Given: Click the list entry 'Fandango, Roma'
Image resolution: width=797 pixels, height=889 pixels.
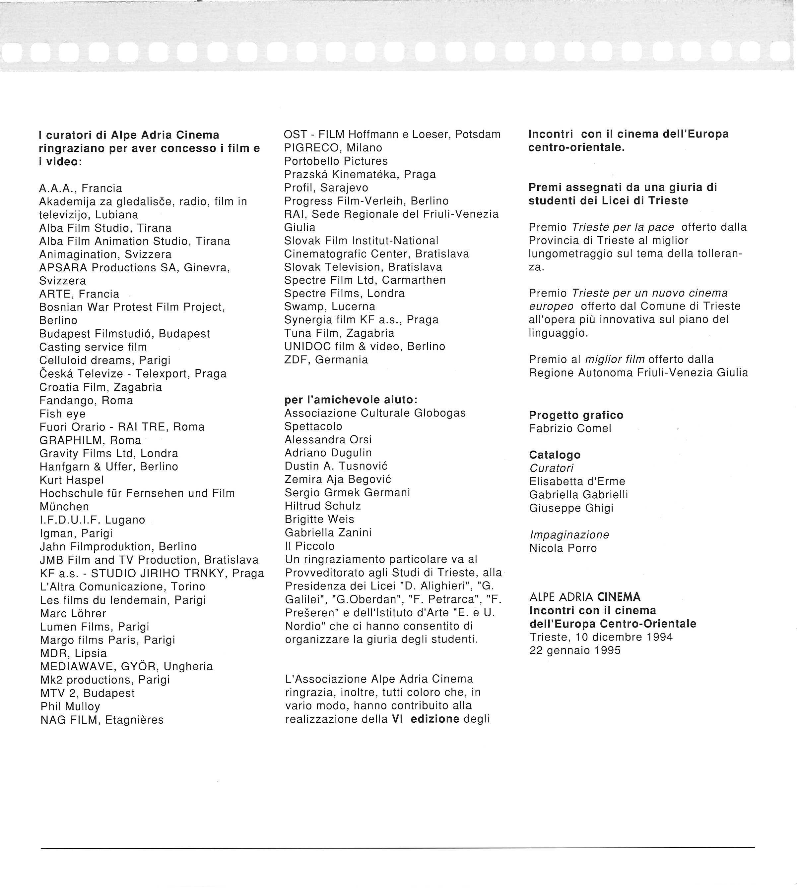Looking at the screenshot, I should pyautogui.click(x=86, y=400).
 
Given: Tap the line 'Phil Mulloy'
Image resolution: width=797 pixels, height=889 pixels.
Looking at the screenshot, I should pyautogui.click(x=70, y=706).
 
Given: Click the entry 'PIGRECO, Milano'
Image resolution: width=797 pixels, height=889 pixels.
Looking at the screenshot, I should pyautogui.click(x=333, y=147).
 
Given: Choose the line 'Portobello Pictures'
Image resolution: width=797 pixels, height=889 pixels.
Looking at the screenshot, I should pyautogui.click(x=336, y=161).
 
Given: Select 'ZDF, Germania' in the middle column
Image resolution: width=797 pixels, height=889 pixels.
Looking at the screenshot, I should pyautogui.click(x=326, y=360).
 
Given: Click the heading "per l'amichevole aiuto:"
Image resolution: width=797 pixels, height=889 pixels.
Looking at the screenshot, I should pyautogui.click(x=351, y=400).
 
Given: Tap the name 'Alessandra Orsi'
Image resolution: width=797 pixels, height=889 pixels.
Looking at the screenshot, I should pyautogui.click(x=328, y=439).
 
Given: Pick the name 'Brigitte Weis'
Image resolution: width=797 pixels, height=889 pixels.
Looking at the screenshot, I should pyautogui.click(x=319, y=519).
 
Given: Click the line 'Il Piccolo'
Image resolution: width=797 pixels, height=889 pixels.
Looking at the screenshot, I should pyautogui.click(x=309, y=546).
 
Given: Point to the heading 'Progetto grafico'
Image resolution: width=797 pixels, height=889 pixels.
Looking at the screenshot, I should pyautogui.click(x=576, y=415).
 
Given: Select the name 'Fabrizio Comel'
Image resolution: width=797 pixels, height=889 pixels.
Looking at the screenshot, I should pyautogui.click(x=570, y=428).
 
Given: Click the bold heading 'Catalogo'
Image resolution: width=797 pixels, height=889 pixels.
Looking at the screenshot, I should pyautogui.click(x=555, y=455).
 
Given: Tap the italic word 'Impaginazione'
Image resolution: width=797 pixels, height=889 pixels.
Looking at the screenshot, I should pyautogui.click(x=569, y=534).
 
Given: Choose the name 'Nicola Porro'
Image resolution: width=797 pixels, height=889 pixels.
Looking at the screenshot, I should pyautogui.click(x=563, y=548).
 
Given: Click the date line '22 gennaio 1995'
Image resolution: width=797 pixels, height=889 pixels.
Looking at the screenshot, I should pyautogui.click(x=575, y=650).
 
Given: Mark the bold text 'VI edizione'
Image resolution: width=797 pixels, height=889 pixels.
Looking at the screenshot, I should pyautogui.click(x=425, y=719).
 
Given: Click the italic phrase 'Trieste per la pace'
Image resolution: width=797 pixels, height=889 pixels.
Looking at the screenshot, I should pyautogui.click(x=623, y=227).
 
